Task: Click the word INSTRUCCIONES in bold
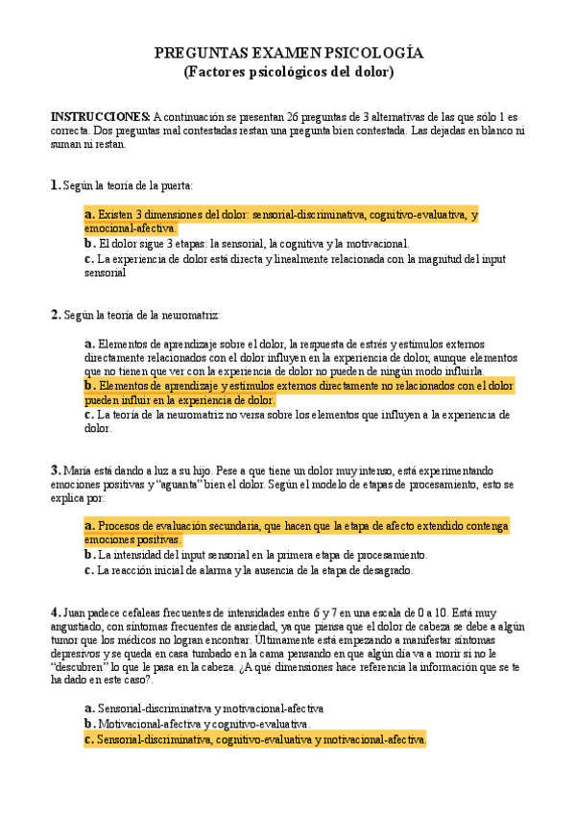[100, 115]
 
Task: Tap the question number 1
[54, 184]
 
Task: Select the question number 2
[55, 314]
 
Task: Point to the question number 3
[55, 470]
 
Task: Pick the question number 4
[55, 610]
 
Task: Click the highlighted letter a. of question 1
[90, 215]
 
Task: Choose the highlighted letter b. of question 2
[90, 386]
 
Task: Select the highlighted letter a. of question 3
[90, 526]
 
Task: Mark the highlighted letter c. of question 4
[90, 739]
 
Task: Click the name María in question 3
[79, 471]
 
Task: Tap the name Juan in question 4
[76, 611]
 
